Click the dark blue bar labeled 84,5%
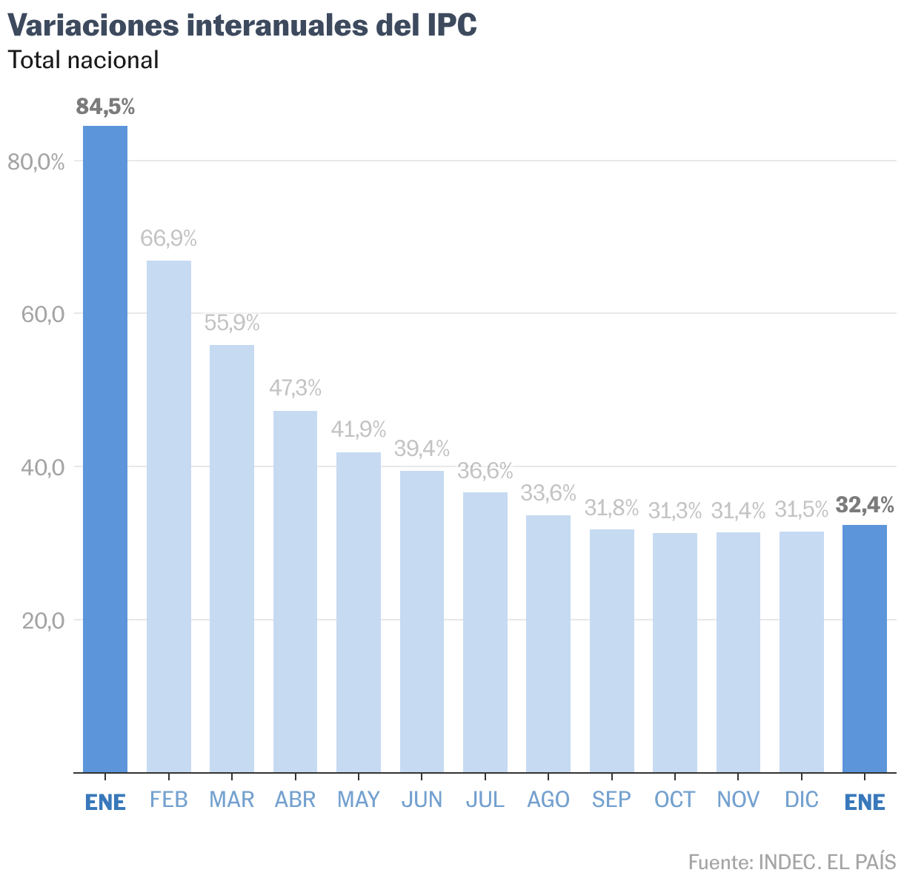105,449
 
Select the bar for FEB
168,516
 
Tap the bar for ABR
295,591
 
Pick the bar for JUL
485,632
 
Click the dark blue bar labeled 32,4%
865,648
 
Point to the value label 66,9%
168,238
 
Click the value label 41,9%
359,429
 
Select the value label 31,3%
675,510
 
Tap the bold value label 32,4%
865,505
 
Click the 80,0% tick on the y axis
36,161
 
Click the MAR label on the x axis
232,800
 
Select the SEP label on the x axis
611,800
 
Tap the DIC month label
802,800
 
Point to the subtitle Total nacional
83,60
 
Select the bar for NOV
738,652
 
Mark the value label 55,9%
232,323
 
